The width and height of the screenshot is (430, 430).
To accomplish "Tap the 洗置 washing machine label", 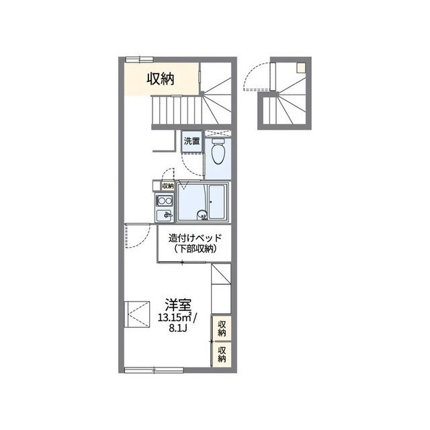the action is tap(192, 142).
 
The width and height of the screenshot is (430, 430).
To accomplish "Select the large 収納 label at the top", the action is tap(161, 79).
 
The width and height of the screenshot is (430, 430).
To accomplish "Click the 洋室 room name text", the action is tap(177, 305).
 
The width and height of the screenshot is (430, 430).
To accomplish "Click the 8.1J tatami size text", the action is tap(177, 329).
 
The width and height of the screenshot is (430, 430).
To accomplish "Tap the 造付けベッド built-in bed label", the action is tap(195, 238).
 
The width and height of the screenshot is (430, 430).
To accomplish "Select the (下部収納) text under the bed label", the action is tap(196, 249).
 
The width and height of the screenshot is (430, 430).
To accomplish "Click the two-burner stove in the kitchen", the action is tap(164, 201).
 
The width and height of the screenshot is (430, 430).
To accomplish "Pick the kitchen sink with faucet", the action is tap(165, 215).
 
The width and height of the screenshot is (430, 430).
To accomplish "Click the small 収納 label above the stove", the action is tap(168, 186).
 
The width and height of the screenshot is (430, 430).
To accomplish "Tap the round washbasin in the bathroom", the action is tap(202, 214).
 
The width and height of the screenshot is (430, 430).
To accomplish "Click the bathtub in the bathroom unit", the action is tap(218, 202).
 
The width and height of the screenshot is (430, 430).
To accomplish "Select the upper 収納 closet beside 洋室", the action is tap(222, 329).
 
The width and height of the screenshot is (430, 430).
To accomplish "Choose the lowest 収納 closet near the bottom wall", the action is tap(222, 354).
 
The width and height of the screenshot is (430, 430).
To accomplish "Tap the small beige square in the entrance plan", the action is tap(301, 68).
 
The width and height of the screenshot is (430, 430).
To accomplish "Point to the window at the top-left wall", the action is tap(139, 59).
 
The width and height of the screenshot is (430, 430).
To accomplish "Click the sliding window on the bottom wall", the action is tap(154, 370).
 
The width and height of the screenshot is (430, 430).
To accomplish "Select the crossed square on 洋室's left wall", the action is tap(137, 314).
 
